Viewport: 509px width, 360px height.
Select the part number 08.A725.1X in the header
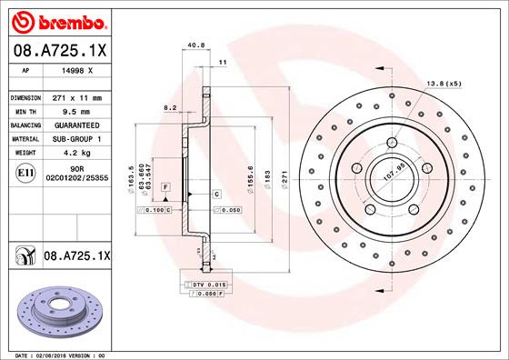(x=60, y=52)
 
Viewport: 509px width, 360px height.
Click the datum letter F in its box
(x=165, y=185)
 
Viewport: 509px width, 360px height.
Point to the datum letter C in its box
(x=218, y=195)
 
